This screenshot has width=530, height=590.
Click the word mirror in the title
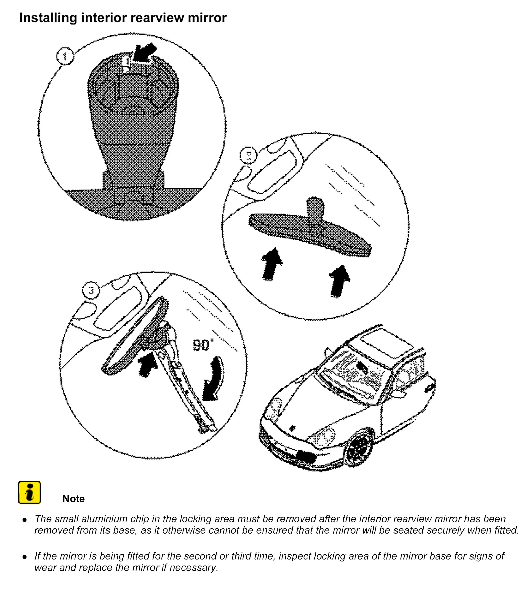tap(207, 18)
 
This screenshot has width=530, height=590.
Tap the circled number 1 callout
tap(65, 56)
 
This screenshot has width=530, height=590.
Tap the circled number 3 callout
tap(91, 290)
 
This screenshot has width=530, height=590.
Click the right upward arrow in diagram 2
tap(339, 281)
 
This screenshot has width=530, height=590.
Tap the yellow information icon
tap(29, 493)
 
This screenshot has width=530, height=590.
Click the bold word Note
tap(73, 499)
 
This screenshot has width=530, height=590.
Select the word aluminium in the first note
tap(100, 519)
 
